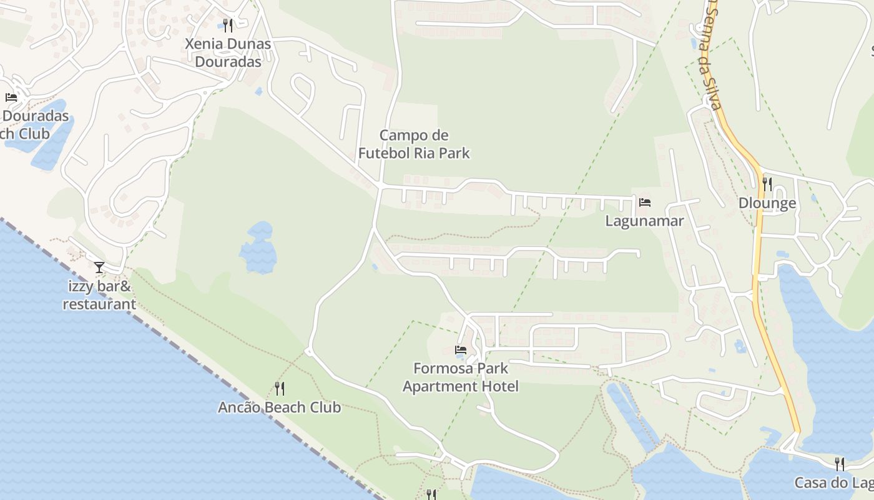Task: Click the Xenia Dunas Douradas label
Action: click(228, 52)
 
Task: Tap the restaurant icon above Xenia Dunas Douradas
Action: click(228, 25)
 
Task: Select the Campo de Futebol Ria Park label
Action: click(413, 144)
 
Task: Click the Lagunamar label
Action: click(644, 221)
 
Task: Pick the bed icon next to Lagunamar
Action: click(645, 202)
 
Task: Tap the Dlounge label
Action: click(767, 203)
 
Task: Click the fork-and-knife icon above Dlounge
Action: click(767, 184)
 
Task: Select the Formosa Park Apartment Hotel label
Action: click(461, 377)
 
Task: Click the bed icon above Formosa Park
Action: click(461, 350)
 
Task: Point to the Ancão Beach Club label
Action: click(280, 407)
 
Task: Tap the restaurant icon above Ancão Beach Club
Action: click(280, 389)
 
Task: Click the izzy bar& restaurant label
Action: click(99, 296)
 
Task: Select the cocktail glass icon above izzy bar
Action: click(99, 268)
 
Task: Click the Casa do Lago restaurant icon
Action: click(840, 464)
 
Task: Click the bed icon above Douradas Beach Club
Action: click(11, 97)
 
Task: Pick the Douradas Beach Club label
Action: click(34, 125)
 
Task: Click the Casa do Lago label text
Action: click(833, 483)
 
